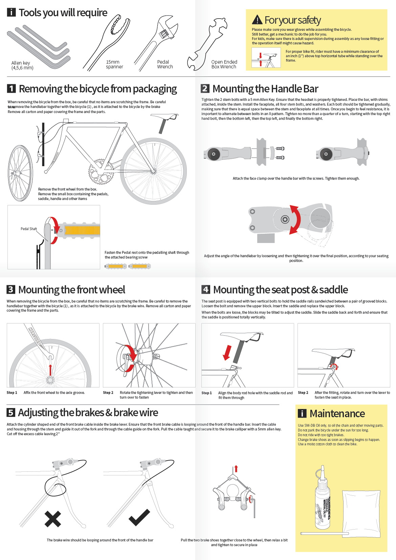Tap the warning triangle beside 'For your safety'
coord(257,20)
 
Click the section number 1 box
coord(12,89)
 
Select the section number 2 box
coord(205,89)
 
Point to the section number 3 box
coord(11,289)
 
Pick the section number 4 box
coord(206,289)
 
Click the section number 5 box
coord(11,413)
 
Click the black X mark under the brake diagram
coord(53,519)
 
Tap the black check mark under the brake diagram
coord(139,518)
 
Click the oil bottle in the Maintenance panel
coord(323,500)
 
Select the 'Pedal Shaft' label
coord(29,229)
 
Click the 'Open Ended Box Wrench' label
coord(224,64)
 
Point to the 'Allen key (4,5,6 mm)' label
coord(22,65)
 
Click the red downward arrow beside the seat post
coord(227,352)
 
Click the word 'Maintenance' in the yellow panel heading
coord(337,414)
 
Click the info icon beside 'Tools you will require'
coord(11,13)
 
